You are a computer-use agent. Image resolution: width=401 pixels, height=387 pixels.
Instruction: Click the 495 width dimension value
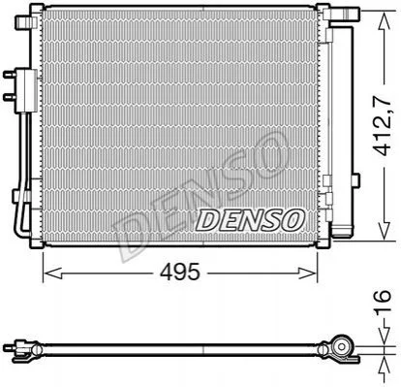pyautogui.click(x=181, y=273)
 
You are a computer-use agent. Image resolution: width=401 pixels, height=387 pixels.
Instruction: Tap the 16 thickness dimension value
pyautogui.click(x=384, y=302)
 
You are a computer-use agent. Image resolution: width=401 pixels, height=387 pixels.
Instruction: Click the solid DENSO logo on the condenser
pyautogui.click(x=250, y=220)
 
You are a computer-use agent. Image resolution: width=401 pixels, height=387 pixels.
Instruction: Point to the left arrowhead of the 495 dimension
pyautogui.click(x=52, y=274)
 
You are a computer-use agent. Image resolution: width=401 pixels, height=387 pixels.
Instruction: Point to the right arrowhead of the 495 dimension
pyautogui.click(x=309, y=274)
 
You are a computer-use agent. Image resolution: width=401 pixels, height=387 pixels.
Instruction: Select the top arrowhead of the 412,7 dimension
pyautogui.click(x=385, y=20)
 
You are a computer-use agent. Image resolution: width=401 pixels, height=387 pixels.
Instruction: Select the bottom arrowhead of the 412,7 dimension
pyautogui.click(x=385, y=231)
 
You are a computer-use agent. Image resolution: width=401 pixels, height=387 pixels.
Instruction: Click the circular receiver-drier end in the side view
pyautogui.click(x=342, y=347)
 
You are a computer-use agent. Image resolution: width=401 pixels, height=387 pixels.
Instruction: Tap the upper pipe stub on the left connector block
pyautogui.click(x=10, y=75)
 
